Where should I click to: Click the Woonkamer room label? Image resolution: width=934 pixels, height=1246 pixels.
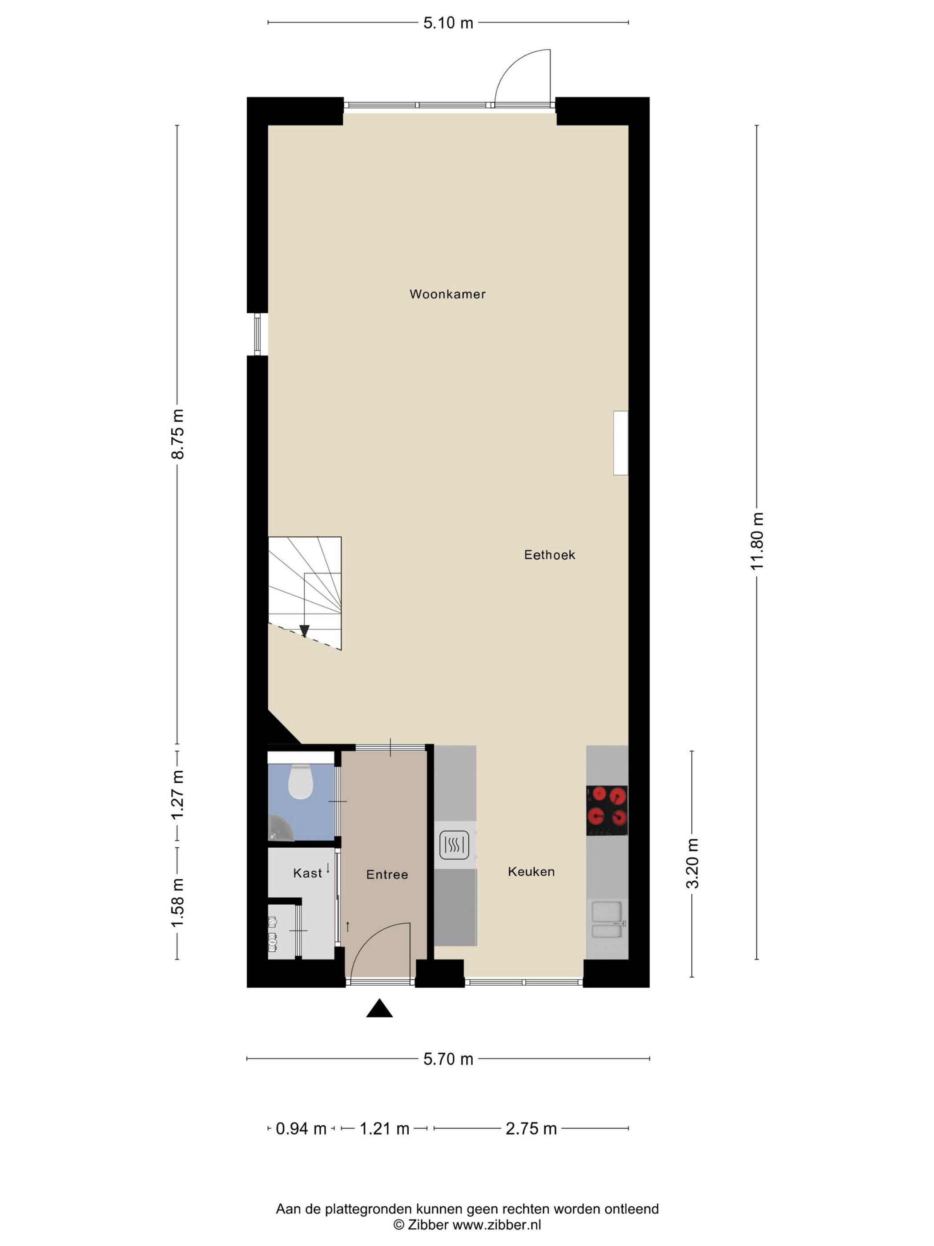click(x=447, y=294)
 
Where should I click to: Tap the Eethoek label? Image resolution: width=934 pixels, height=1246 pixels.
click(x=549, y=555)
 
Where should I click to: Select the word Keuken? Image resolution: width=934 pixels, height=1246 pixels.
click(x=531, y=871)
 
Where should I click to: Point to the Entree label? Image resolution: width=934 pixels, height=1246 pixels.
click(x=387, y=874)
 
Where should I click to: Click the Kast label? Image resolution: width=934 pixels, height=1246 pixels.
click(x=307, y=873)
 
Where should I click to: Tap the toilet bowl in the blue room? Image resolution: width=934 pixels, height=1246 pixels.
click(x=300, y=781)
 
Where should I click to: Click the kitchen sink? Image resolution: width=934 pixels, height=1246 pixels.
click(x=607, y=920)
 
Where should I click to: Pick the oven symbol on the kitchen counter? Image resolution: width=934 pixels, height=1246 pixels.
click(x=454, y=845)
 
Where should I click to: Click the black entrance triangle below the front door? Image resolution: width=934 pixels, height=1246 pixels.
click(x=379, y=1008)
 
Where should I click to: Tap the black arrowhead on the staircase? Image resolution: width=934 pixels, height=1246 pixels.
click(x=305, y=631)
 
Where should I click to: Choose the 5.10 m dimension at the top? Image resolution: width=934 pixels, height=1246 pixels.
click(x=448, y=23)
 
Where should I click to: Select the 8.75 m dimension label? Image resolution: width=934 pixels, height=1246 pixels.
click(x=177, y=434)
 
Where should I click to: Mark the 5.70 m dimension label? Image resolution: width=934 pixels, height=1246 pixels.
click(x=448, y=1060)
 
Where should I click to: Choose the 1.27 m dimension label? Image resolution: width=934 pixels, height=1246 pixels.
click(x=177, y=795)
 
